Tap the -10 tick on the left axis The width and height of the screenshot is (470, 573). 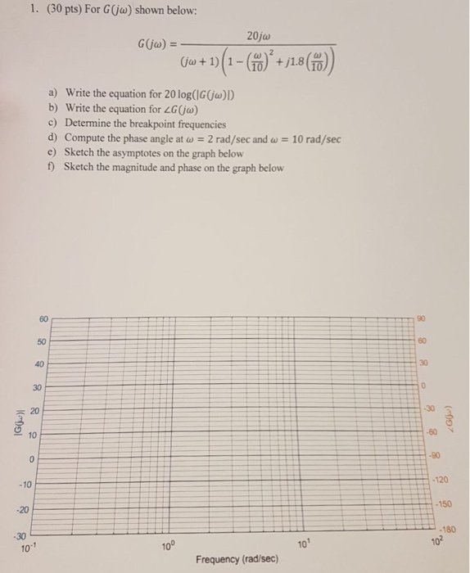point(27,485)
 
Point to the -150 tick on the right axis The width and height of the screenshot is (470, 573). point(443,504)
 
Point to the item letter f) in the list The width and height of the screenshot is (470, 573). point(53,168)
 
